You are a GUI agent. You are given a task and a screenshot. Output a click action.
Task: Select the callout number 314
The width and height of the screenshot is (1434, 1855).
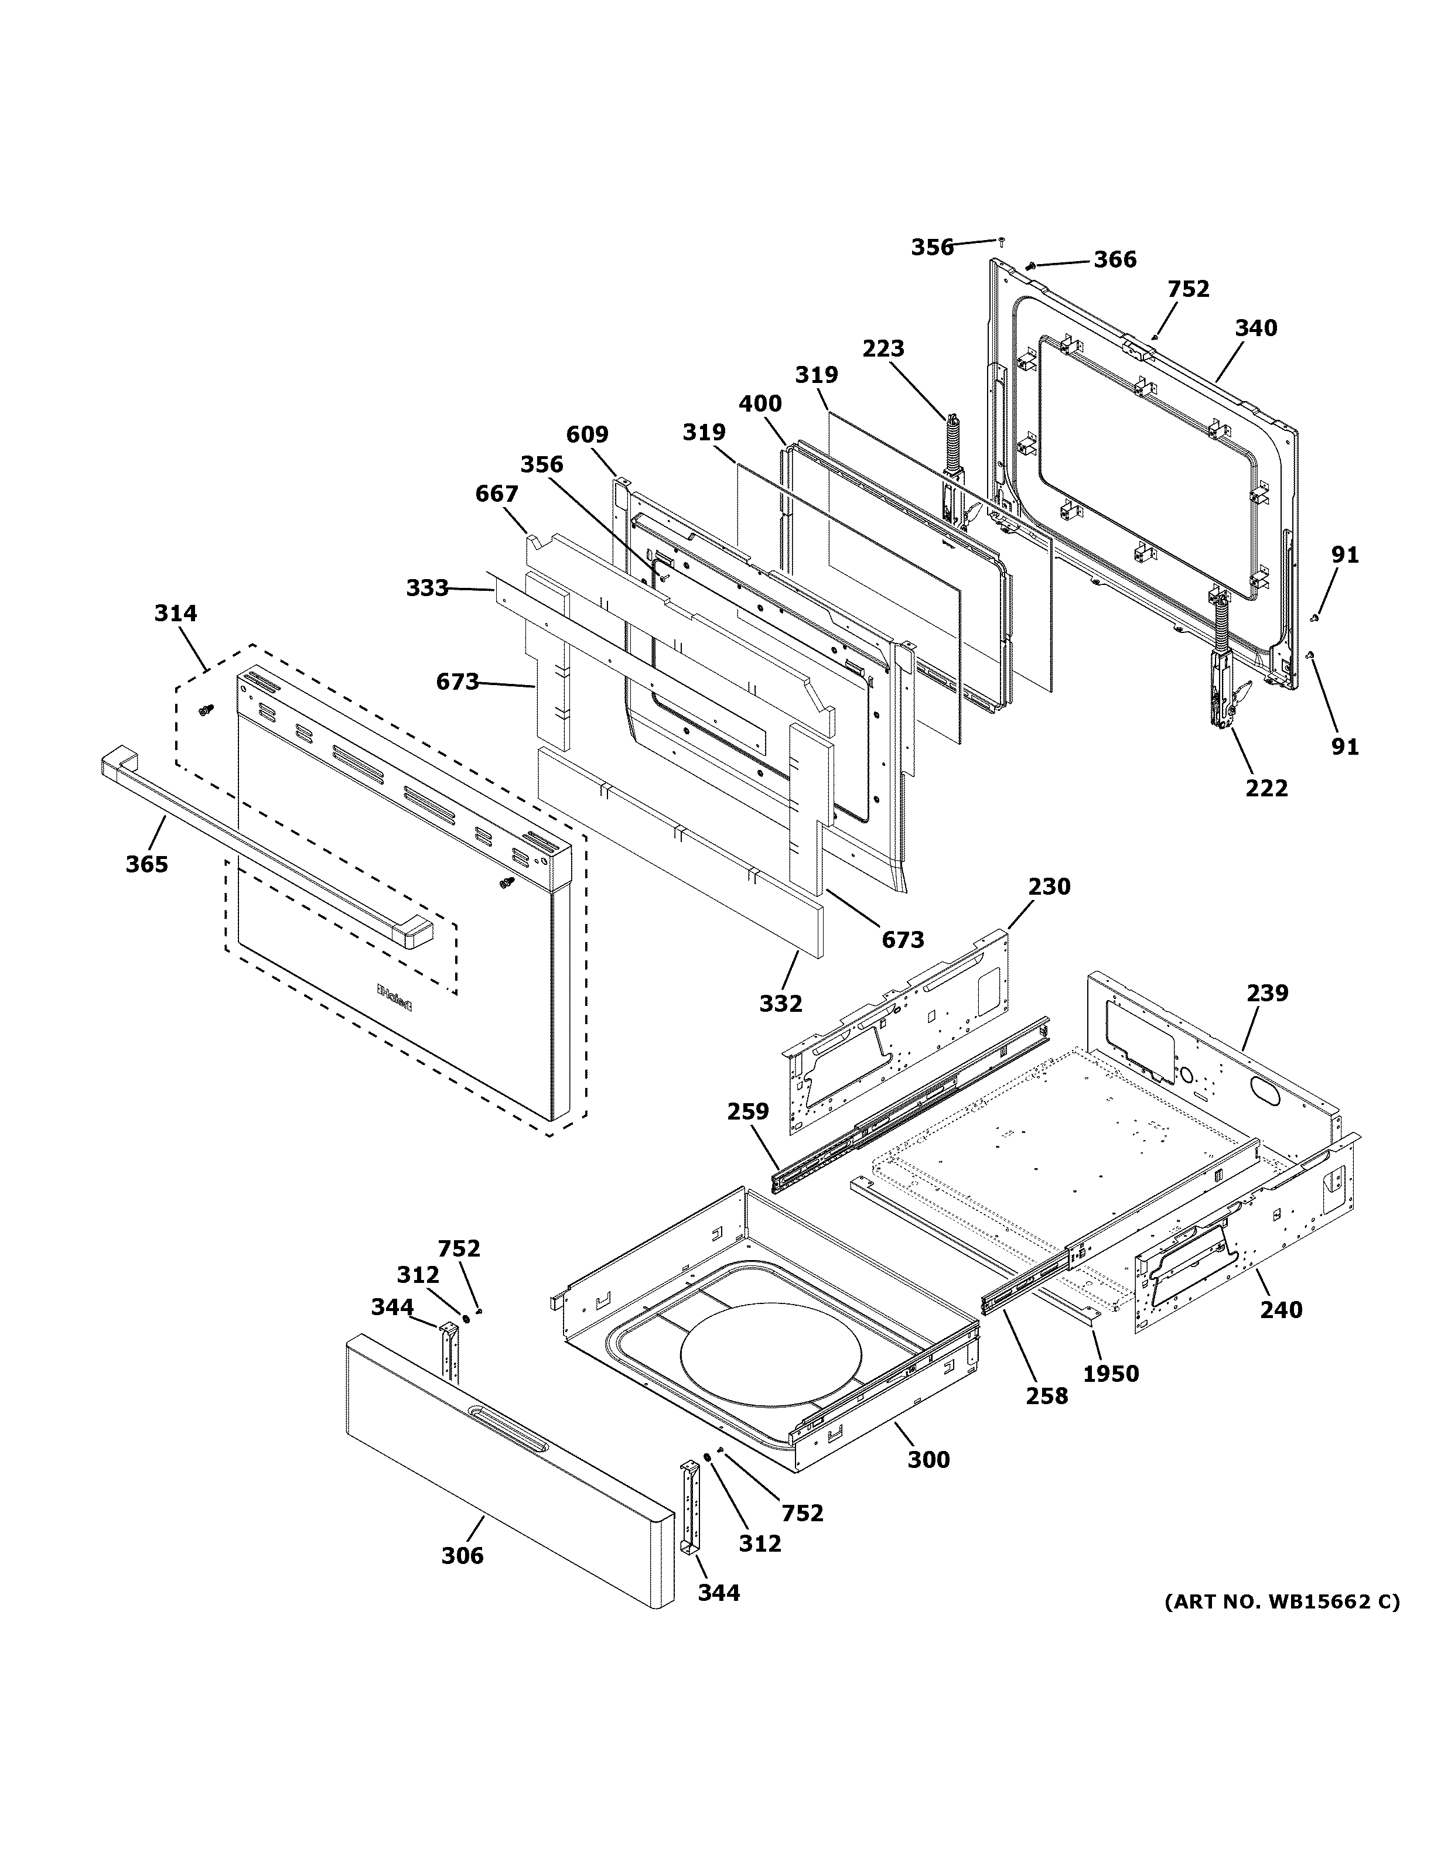175,613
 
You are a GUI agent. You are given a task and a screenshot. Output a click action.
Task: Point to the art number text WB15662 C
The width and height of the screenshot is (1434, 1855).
1281,1602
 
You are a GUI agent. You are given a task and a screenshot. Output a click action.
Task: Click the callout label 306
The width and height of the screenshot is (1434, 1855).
462,1556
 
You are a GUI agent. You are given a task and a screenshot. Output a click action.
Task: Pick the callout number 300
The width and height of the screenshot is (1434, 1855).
928,1460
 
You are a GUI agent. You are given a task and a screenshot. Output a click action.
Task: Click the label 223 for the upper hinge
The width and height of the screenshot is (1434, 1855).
883,349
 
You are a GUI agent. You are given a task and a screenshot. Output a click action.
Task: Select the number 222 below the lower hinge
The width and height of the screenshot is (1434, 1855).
1266,788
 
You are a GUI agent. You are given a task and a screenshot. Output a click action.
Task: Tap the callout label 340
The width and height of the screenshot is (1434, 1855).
1255,328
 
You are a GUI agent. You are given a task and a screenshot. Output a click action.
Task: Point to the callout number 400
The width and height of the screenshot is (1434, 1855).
760,404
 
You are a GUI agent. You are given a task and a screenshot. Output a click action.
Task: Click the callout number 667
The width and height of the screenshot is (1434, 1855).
496,494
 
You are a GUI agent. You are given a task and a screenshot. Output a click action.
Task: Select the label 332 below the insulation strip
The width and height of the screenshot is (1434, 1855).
781,1004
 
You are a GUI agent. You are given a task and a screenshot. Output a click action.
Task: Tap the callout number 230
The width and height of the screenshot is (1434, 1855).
1049,887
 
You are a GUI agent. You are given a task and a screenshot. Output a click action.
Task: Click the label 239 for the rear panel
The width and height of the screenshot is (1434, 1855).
1268,993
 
